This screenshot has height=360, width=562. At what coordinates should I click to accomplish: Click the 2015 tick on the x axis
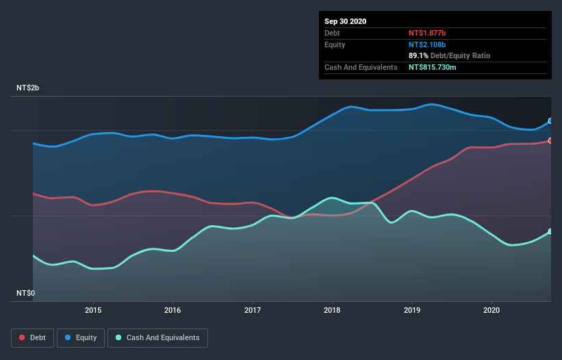(x=93, y=309)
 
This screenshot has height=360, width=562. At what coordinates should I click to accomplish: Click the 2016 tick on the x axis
(x=173, y=309)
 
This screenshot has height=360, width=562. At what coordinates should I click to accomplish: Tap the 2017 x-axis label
(x=253, y=309)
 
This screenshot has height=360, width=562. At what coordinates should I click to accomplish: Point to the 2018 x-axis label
(x=332, y=309)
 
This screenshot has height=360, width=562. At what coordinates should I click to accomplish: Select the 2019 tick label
(x=412, y=309)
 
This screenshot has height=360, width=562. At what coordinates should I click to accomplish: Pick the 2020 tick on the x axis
(x=491, y=309)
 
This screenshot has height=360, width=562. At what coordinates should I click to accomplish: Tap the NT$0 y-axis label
(x=25, y=293)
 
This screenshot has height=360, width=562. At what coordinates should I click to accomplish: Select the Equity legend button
(x=81, y=337)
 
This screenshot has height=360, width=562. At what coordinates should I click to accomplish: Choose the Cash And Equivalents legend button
(x=157, y=337)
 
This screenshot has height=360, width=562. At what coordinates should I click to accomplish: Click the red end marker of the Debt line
(x=550, y=140)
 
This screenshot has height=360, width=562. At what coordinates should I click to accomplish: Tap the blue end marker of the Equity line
(x=550, y=120)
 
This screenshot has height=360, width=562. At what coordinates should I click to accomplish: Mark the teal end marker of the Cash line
(x=550, y=231)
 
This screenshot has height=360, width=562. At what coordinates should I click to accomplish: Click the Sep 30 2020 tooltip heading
(x=346, y=21)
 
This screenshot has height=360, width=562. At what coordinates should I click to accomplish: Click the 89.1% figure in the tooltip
(x=419, y=55)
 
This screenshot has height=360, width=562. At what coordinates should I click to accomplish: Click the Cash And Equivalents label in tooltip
(x=361, y=67)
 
